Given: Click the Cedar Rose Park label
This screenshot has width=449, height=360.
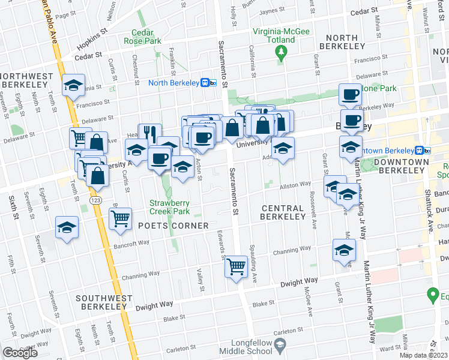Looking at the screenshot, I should pos(139,37).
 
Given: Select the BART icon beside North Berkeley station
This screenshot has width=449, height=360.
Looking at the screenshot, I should pos(209,83).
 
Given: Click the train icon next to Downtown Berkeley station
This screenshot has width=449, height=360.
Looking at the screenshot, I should pos(421,150).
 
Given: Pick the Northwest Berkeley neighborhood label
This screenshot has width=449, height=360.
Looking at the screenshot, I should pos(25,80).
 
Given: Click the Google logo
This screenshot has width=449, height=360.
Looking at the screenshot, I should pos(20,353).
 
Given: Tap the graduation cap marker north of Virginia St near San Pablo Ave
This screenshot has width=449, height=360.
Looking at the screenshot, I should pos(73,86).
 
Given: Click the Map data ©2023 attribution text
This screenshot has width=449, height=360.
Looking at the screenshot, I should pos(424,355).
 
